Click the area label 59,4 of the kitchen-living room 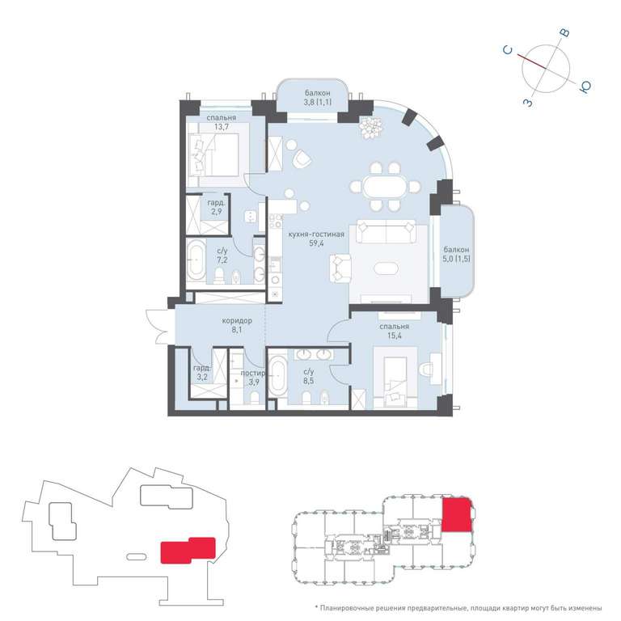click(x=316, y=243)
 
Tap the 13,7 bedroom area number click(x=221, y=127)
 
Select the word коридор click(x=236, y=320)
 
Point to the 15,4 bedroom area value click(x=394, y=336)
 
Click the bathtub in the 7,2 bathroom click(x=196, y=260)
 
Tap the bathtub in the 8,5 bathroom click(x=277, y=375)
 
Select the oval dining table click(x=385, y=187)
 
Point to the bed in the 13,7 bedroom click(x=213, y=155)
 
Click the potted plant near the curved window click(x=370, y=128)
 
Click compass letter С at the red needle click(x=508, y=50)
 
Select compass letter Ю click(x=585, y=87)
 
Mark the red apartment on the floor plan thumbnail click(x=457, y=514)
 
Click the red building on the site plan click(x=188, y=550)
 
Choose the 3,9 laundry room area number click(x=254, y=382)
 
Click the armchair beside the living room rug click(x=340, y=268)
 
